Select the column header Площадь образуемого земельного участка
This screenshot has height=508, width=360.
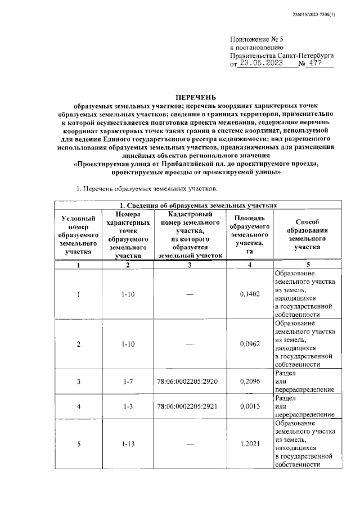pos(249,234)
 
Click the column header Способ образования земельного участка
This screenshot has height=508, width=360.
pos(306,234)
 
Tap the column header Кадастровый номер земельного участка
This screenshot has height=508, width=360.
pos(191,234)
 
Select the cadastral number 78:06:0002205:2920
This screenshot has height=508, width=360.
pos(191,381)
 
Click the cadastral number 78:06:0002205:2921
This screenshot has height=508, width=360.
pos(191,406)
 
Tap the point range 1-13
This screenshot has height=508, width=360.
pos(128,444)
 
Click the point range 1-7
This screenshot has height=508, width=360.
pos(128,381)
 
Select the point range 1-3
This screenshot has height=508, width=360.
pos(128,406)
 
